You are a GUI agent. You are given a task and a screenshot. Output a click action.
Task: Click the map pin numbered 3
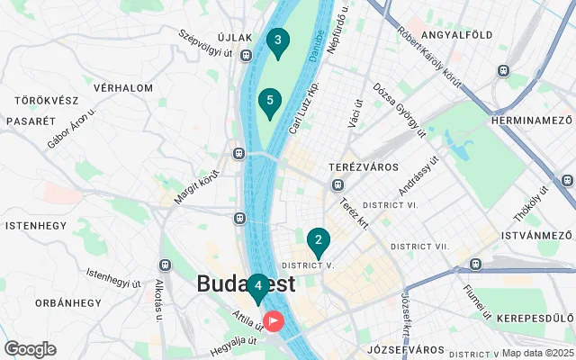click(278, 41)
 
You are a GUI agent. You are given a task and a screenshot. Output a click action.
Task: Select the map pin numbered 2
click(318, 241)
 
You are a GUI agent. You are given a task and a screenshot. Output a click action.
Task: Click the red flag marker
click(273, 319)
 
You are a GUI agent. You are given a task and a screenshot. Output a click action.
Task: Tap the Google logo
click(30, 349)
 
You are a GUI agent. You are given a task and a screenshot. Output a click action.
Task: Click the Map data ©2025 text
click(537, 353)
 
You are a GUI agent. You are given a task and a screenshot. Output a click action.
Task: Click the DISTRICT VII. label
click(419, 246)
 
